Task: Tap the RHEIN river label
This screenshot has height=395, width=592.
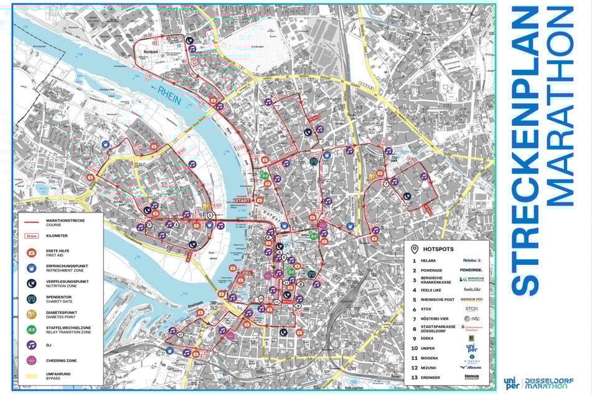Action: (x=168, y=93)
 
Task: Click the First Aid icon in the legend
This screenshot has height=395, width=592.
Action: (x=30, y=252)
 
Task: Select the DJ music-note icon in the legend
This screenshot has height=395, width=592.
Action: (x=30, y=344)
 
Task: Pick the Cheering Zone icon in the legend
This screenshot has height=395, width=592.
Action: (x=30, y=359)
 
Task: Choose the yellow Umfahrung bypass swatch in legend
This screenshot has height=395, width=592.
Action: (x=30, y=376)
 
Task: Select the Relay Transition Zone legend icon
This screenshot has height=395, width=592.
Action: (x=30, y=329)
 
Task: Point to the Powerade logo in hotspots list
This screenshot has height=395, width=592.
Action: (x=471, y=270)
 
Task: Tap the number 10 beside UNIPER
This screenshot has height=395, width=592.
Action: (x=414, y=348)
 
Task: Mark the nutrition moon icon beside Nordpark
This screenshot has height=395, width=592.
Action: (x=189, y=40)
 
